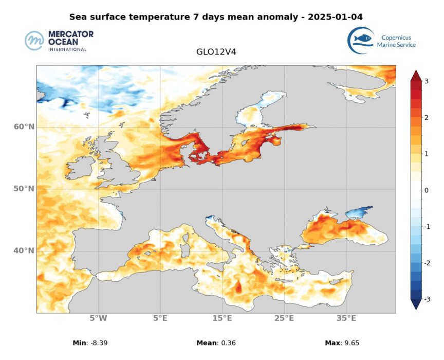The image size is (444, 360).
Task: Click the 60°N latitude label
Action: coord(24,127)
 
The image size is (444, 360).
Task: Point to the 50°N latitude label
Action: coord(24,189)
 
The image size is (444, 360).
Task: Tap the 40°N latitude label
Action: coord(24,250)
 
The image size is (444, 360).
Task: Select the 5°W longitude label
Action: coord(98,318)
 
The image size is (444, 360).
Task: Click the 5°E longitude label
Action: coord(160,318)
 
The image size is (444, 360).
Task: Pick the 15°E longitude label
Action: coord(222,318)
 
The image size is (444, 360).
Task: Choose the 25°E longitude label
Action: coord(284,318)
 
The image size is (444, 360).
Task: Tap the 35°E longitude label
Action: coord(346,318)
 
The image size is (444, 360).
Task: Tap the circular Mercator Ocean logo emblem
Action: coord(34,41)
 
